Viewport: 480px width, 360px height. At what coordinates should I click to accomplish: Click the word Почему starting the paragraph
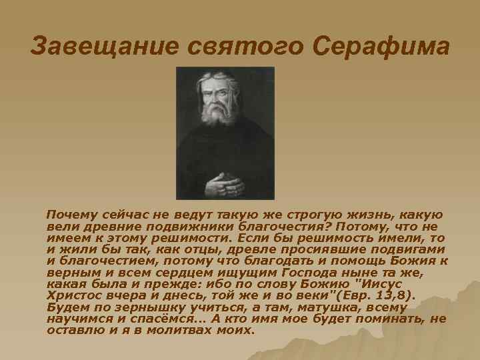[x=70, y=215]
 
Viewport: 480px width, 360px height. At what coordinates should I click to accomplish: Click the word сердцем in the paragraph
[x=169, y=274]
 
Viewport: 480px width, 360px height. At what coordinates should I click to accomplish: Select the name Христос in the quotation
[x=74, y=297]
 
